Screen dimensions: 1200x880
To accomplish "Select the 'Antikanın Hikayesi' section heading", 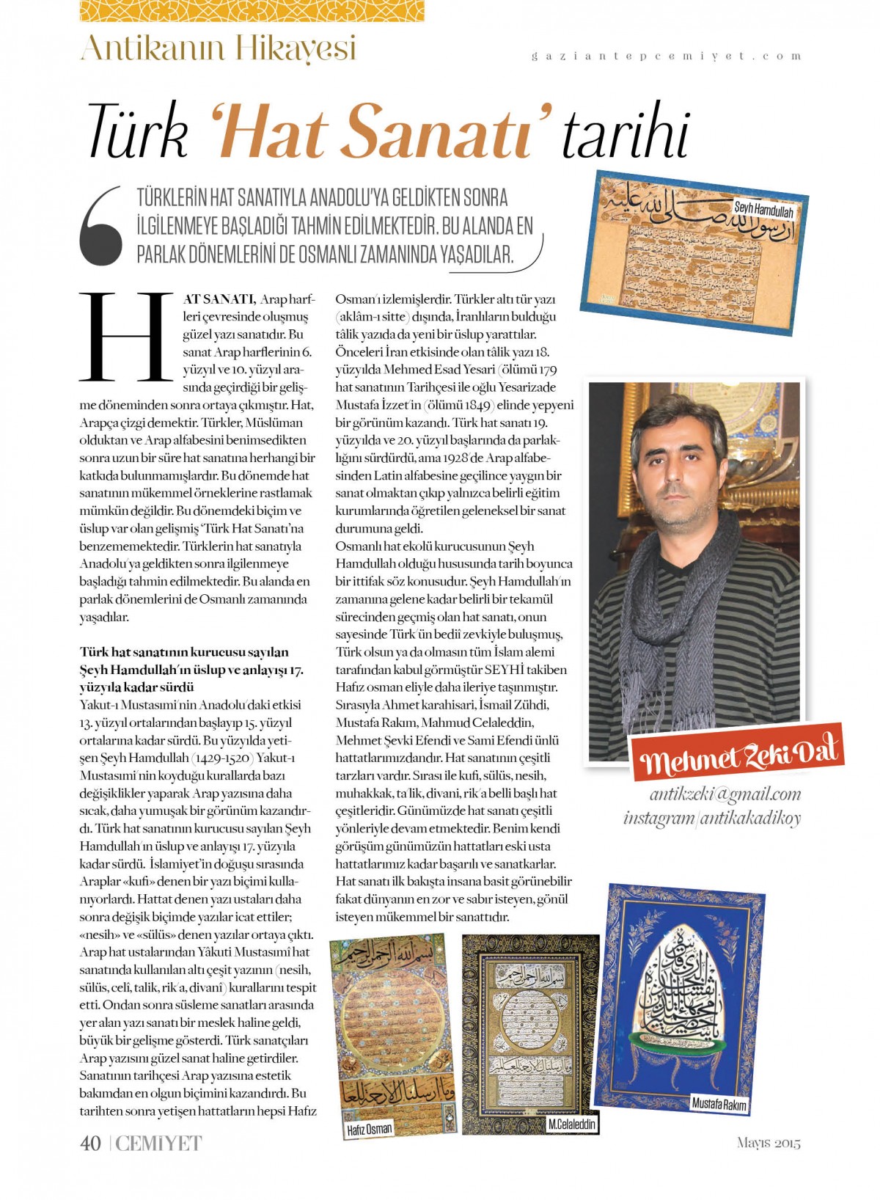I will click(218, 48).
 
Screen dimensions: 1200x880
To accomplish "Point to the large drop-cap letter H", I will click(125, 337).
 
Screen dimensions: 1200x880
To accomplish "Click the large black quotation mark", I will click(102, 226).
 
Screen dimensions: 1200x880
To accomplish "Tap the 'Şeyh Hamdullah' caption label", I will click(763, 211).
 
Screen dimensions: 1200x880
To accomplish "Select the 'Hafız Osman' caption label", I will click(369, 1130).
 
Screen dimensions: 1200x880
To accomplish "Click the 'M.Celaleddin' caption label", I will click(572, 1124).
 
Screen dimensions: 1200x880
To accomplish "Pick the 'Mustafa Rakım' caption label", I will click(719, 1105).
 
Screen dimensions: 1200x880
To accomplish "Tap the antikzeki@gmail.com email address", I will click(725, 794).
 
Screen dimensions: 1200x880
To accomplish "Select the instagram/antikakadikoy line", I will click(712, 818).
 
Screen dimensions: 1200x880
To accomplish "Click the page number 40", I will click(90, 1143).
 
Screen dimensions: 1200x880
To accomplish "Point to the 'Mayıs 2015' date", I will click(769, 1143).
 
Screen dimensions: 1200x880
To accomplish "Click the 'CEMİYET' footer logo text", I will click(158, 1143).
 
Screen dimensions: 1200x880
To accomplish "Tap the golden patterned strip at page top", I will click(252, 10).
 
